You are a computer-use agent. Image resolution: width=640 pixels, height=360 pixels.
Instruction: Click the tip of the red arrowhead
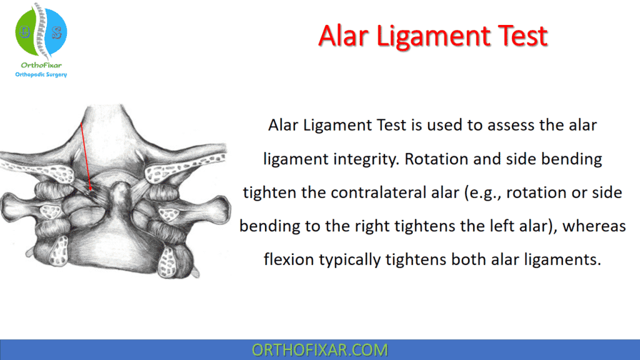(x=91, y=190)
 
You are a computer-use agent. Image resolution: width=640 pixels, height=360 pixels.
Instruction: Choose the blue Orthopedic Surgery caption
(x=41, y=75)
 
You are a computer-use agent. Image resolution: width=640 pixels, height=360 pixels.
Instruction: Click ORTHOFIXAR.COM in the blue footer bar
(x=319, y=350)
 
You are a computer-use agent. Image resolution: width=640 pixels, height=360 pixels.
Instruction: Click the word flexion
(x=289, y=258)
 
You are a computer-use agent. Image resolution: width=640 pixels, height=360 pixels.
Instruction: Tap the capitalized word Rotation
(x=434, y=159)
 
